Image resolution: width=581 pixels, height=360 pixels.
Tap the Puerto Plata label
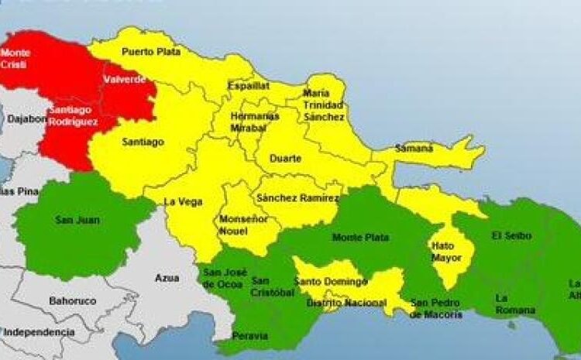tap(151, 52)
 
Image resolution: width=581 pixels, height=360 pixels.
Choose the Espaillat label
tap(248, 86)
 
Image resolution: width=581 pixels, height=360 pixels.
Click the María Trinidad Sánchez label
tap(324, 105)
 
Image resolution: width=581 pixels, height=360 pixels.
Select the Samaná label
tap(414, 147)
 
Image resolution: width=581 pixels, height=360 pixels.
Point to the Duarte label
tap(285, 159)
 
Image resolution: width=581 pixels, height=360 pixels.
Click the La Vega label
tap(183, 202)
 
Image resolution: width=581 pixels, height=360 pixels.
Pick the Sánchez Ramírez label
tap(297, 199)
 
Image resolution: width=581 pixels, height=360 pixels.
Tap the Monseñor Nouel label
tap(244, 225)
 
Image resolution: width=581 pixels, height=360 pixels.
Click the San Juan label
tap(72, 221)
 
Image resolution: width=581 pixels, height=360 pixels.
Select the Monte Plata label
tap(360, 238)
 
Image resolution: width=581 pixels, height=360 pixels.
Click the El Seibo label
tap(507, 235)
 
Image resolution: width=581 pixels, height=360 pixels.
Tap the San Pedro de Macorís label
tap(436, 309)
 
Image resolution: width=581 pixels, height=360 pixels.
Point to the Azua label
tap(167, 277)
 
